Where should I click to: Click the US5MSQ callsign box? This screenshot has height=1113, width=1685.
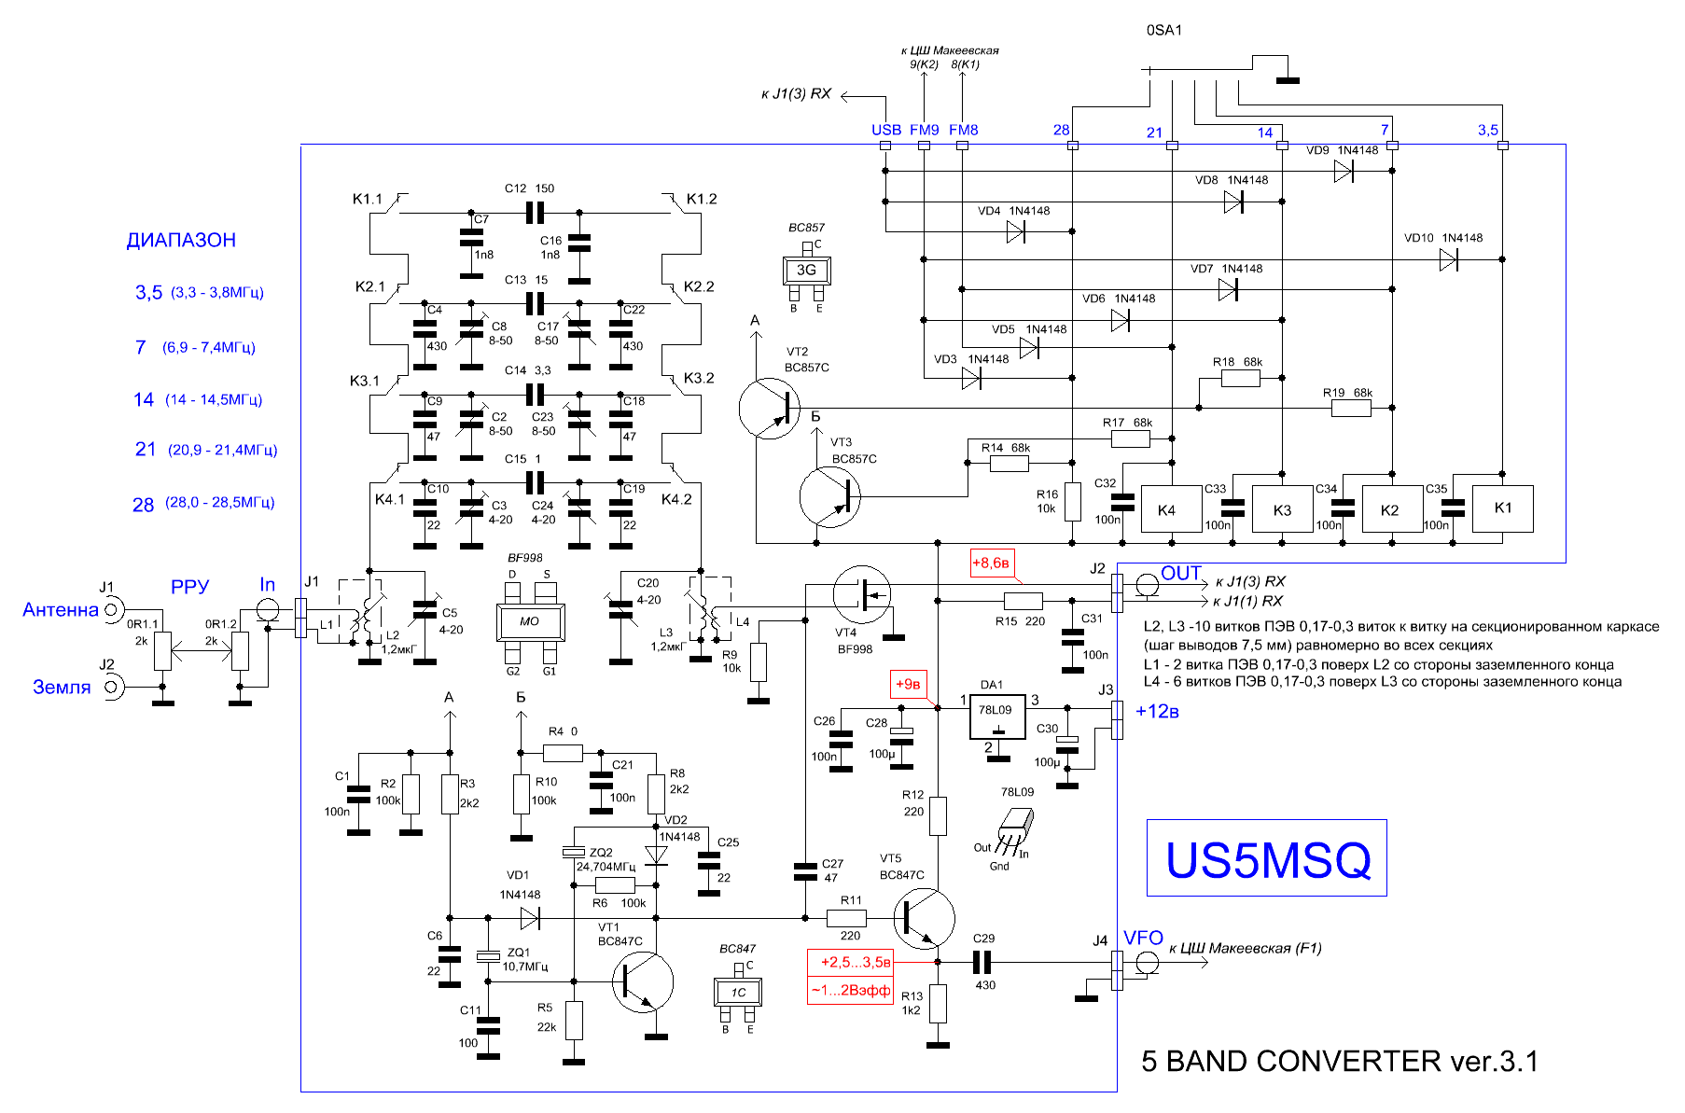[x=1266, y=857]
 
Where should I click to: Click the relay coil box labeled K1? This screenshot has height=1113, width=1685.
[x=1502, y=508]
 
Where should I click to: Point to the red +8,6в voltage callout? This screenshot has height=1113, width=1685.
[x=991, y=563]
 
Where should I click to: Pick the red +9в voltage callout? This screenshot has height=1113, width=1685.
[x=908, y=685]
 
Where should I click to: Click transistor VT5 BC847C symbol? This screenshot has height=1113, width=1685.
[x=924, y=918]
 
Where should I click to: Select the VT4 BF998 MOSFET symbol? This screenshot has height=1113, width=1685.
[x=863, y=594]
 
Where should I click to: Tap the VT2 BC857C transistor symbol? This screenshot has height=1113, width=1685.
[x=770, y=408]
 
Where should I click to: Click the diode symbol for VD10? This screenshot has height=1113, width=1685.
[x=1449, y=260]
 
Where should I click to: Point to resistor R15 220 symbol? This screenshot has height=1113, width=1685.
[x=1023, y=601]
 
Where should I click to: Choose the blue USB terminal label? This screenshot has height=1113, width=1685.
[x=886, y=130]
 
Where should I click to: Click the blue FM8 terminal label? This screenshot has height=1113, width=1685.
[x=964, y=130]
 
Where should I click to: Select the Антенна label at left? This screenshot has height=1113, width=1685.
[x=61, y=610]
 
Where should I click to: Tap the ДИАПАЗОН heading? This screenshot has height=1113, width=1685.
[x=181, y=240]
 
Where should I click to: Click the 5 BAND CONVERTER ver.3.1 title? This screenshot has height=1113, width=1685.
[x=1340, y=1062]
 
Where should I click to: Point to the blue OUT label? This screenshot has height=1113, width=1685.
[x=1181, y=573]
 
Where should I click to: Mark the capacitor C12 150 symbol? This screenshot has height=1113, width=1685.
[x=535, y=213]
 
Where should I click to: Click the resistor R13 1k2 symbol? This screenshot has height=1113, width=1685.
[x=938, y=1003]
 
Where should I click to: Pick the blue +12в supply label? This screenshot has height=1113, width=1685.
[x=1158, y=712]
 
